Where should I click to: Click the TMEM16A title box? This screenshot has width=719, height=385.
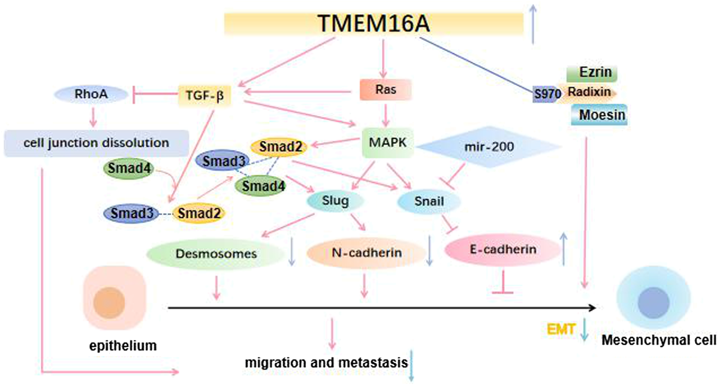point(374,24)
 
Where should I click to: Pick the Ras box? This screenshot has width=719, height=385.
point(385,90)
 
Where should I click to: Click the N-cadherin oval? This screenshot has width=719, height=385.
point(364,253)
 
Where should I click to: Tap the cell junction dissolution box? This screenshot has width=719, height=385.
point(96,143)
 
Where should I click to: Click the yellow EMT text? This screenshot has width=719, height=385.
point(561,330)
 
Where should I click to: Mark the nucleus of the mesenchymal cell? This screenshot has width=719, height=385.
point(653,303)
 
